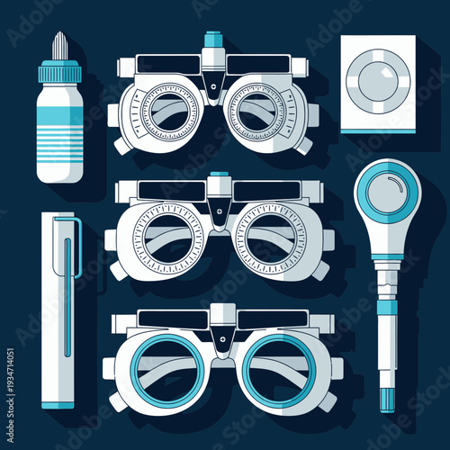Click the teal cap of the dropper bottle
pyautogui.click(x=60, y=70)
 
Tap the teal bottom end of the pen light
pyautogui.click(x=59, y=403)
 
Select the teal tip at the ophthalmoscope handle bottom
pyautogui.click(x=386, y=396)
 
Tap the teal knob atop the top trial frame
pyautogui.click(x=213, y=40)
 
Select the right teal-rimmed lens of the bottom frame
pyautogui.click(x=278, y=369)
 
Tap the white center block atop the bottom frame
pyautogui.click(x=222, y=318)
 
